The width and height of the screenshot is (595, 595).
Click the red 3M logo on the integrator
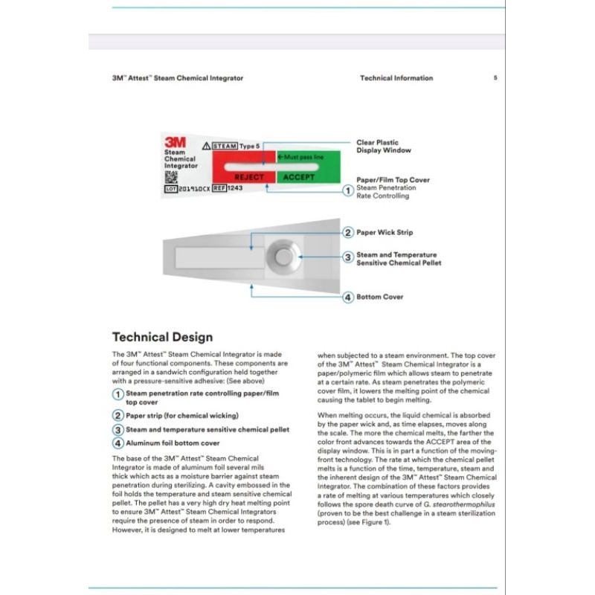pyautogui.click(x=176, y=141)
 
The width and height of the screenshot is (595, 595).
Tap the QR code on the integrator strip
pyautogui.click(x=171, y=176)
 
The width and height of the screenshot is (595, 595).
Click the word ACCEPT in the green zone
pyautogui.click(x=299, y=178)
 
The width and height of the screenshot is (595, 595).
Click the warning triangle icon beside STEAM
pyautogui.click(x=206, y=147)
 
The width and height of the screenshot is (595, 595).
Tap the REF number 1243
pyautogui.click(x=234, y=188)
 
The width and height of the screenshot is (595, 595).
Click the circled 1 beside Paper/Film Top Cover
pyautogui.click(x=347, y=190)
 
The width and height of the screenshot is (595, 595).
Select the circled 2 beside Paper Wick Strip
pyautogui.click(x=347, y=233)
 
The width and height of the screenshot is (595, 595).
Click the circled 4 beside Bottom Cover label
pyautogui.click(x=347, y=297)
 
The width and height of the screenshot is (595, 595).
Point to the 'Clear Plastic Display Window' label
pyautogui.click(x=383, y=147)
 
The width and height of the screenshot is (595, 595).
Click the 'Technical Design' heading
pyautogui.click(x=162, y=337)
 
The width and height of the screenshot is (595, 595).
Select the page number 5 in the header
pyautogui.click(x=495, y=78)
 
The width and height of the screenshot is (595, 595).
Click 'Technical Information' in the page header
pyautogui.click(x=396, y=78)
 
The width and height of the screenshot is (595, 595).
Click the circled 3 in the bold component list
pyautogui.click(x=118, y=429)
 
